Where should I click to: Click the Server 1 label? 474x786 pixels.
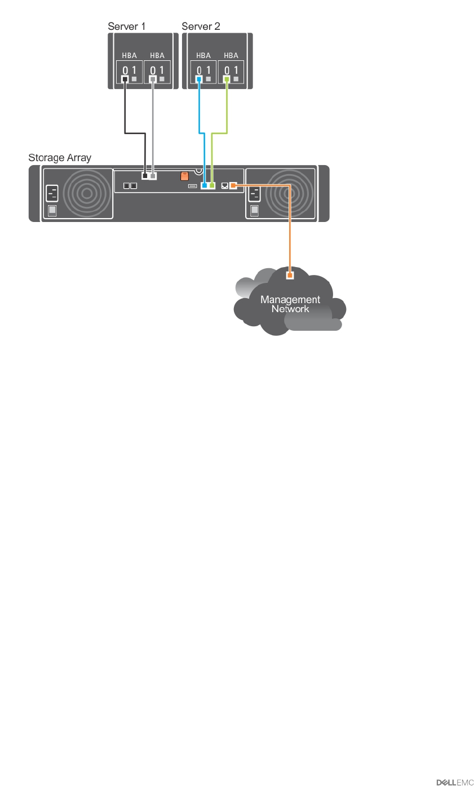(126, 26)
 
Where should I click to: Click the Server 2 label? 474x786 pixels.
(201, 26)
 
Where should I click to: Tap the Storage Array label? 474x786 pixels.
(60, 158)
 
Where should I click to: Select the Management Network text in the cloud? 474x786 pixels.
(290, 304)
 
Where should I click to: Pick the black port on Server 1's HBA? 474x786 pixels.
(125, 79)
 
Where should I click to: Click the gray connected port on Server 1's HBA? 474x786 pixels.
(152, 79)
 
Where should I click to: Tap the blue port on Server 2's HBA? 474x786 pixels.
(199, 79)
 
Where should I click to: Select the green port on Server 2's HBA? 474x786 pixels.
(227, 79)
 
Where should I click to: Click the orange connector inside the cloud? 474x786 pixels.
(290, 276)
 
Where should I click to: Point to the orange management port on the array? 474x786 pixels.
(233, 185)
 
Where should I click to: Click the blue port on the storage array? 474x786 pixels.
(204, 185)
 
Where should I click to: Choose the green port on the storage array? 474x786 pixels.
(212, 185)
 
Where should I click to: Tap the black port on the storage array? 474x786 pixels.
(145, 176)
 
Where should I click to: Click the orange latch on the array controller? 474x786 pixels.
(184, 176)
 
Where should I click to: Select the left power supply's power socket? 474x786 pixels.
(52, 194)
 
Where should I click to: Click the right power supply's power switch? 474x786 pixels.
(254, 211)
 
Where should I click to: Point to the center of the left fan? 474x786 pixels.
(86, 193)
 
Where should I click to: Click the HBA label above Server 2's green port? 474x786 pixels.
(231, 56)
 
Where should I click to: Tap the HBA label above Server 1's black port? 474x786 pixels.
(130, 56)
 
